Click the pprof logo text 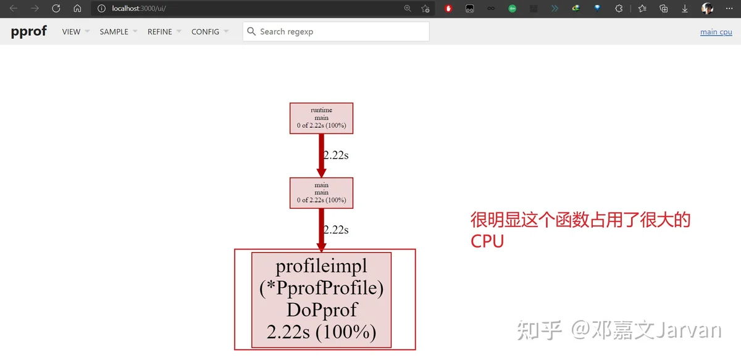(x=29, y=31)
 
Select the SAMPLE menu (x=119, y=31)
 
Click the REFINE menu (x=164, y=31)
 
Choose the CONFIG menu (x=210, y=31)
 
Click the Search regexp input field (x=336, y=31)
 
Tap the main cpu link (x=716, y=31)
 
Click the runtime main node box (x=321, y=118)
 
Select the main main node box (x=321, y=193)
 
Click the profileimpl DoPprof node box (x=321, y=300)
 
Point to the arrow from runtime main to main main (x=321, y=156)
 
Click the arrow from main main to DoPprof (x=321, y=230)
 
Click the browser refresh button (x=56, y=8)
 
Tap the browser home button (x=77, y=8)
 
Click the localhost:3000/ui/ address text (x=139, y=8)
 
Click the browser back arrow (x=14, y=8)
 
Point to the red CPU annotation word (x=487, y=241)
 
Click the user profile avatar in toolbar (x=707, y=8)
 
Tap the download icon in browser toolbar (x=685, y=9)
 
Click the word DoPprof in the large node (x=322, y=310)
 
